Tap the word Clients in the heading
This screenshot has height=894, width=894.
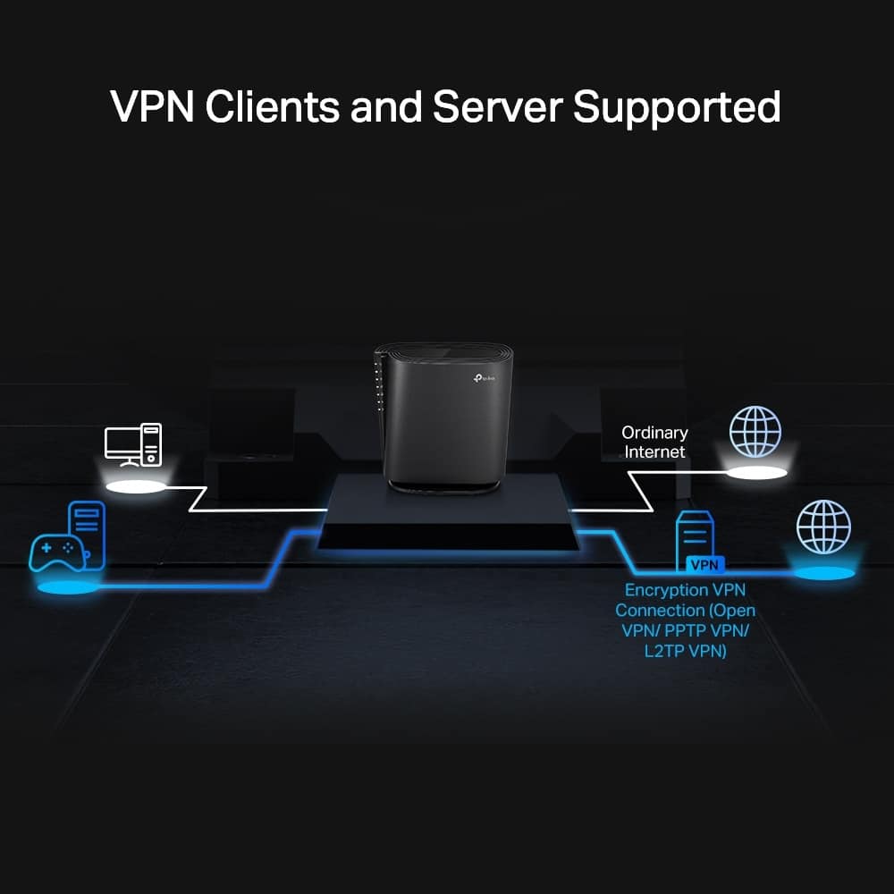pos(272,106)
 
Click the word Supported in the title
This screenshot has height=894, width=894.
pos(677,108)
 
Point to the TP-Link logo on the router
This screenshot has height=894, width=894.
pos(484,382)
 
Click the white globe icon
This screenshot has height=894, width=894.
pos(755,433)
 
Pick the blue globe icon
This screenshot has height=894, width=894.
pos(823,527)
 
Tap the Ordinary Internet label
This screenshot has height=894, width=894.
pos(655,442)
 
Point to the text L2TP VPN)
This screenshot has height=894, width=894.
pos(685,651)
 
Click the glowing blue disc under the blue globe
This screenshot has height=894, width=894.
pos(823,573)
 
